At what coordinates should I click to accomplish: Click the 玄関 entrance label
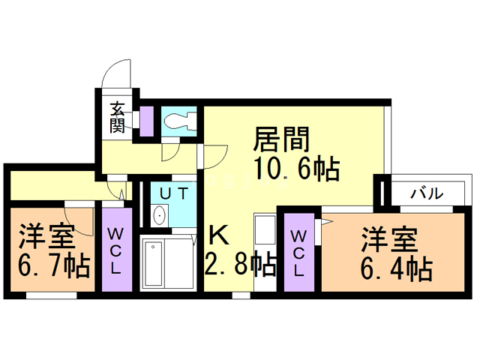tap(117, 116)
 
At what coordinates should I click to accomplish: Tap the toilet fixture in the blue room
tap(179, 121)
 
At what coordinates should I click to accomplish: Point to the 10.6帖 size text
tap(296, 169)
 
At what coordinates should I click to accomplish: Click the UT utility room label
tap(173, 193)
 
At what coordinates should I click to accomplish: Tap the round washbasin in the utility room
tap(160, 216)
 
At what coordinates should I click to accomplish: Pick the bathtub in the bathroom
tap(154, 263)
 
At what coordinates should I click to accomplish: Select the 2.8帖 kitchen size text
tap(239, 264)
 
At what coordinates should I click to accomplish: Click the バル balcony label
tap(426, 193)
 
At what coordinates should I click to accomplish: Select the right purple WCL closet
tap(298, 253)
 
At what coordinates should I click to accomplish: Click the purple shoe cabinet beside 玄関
tap(147, 119)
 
